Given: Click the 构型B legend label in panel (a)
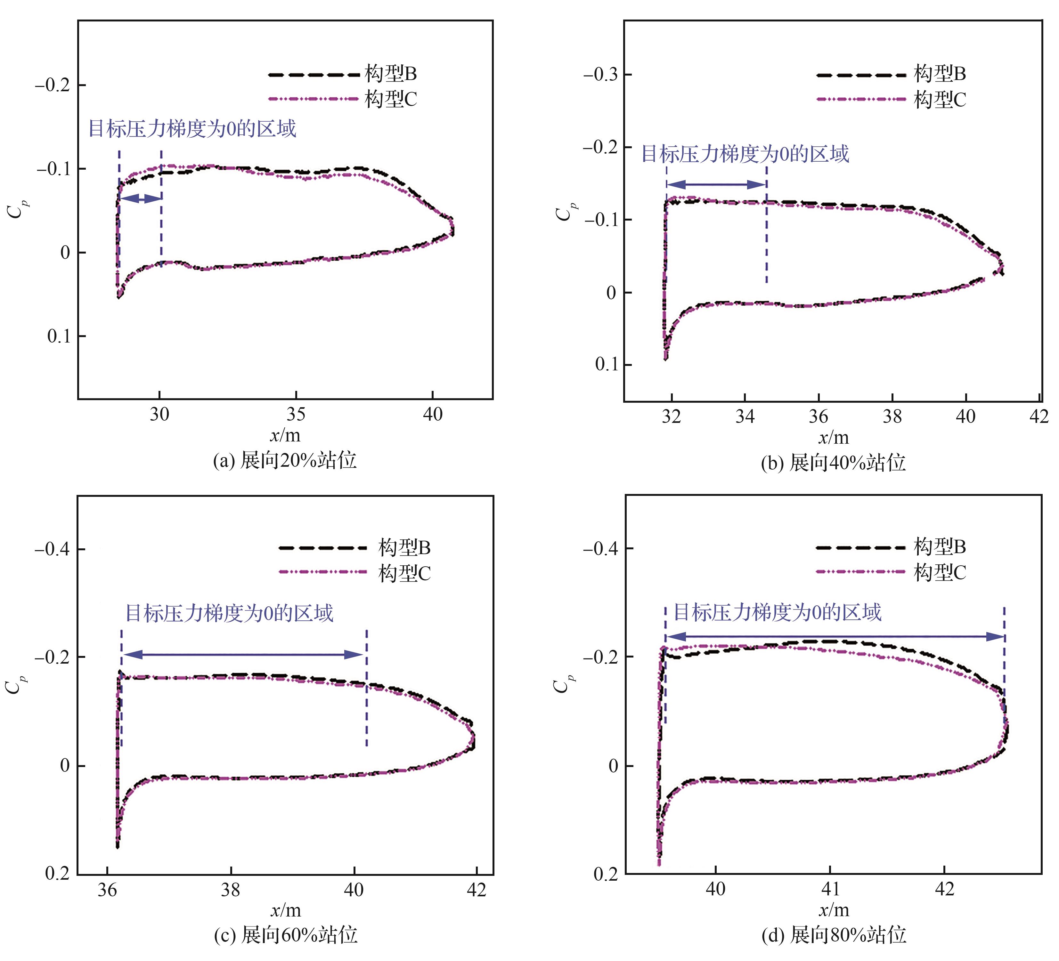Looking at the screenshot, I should (390, 74).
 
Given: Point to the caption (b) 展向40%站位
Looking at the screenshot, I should (833, 463).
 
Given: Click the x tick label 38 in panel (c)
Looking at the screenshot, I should (230, 890).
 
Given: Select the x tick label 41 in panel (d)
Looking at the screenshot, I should (830, 889).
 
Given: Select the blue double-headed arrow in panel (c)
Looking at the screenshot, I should (243, 654).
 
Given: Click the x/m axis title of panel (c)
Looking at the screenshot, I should (285, 911).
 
